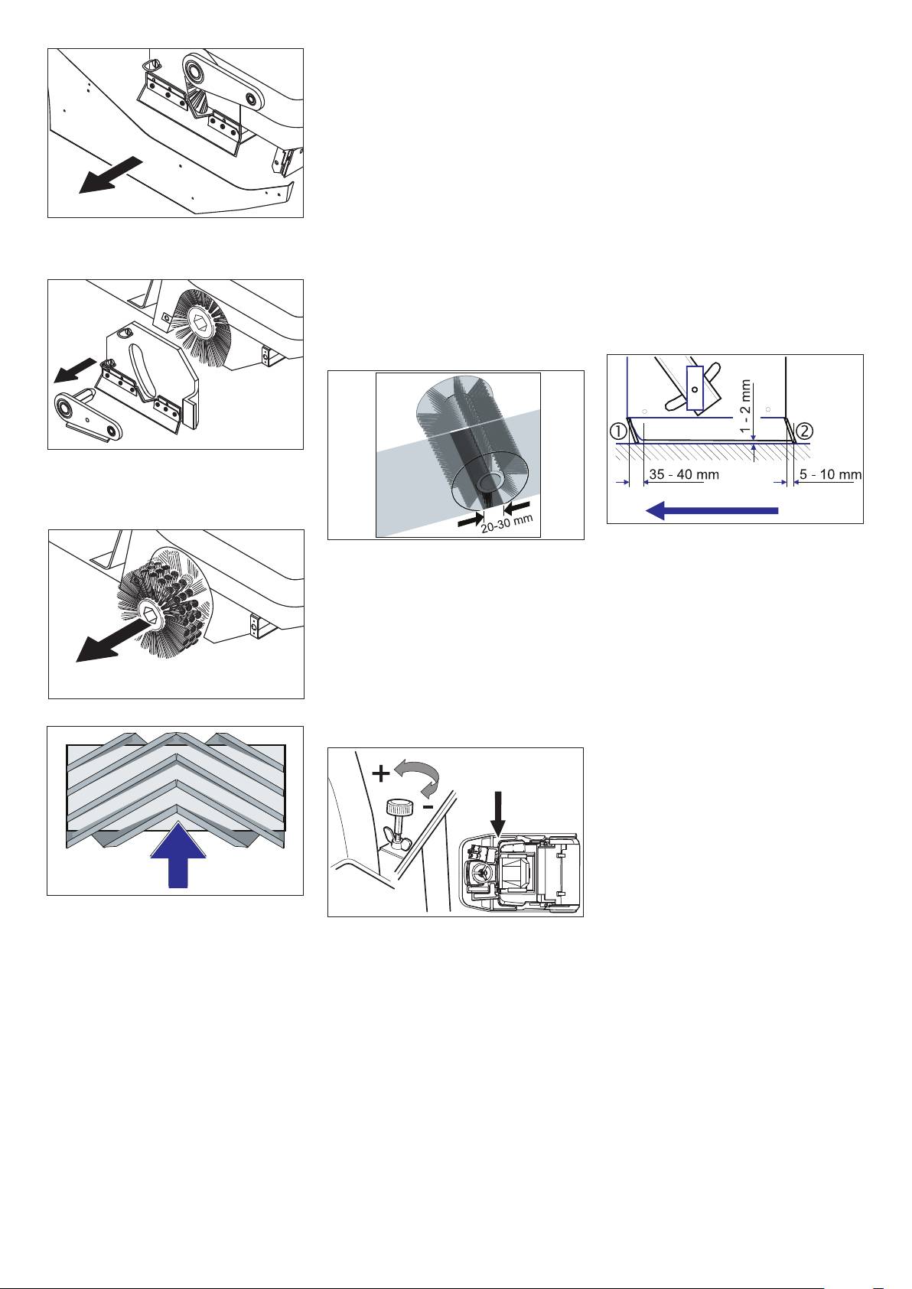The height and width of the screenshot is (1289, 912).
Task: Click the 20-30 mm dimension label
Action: tap(507, 523)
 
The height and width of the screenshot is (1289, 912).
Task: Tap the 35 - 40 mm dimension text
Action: tap(683, 475)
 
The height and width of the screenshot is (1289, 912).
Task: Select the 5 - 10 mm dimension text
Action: tap(830, 475)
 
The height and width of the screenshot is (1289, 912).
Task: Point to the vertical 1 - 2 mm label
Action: tap(746, 407)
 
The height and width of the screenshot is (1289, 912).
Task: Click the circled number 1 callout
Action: tap(618, 431)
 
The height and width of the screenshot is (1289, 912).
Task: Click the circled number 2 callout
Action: tap(804, 431)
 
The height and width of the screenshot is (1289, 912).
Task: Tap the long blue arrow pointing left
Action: tap(712, 509)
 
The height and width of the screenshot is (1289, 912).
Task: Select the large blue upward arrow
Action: tap(178, 855)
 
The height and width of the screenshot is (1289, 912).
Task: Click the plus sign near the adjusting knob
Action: tap(381, 773)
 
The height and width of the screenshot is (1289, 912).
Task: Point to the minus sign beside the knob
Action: tap(428, 808)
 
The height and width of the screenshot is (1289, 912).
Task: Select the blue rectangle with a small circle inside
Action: tap(695, 389)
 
